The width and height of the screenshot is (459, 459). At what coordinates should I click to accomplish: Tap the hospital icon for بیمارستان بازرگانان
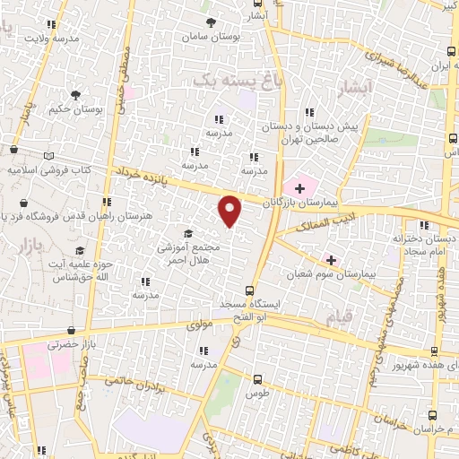[x=300, y=186]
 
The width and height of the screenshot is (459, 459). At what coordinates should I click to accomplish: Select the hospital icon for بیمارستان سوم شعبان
[x=330, y=259]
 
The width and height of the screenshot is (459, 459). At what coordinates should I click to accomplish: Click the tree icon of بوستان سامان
[x=212, y=22]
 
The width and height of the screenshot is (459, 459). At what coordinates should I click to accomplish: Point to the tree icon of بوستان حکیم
[x=75, y=94]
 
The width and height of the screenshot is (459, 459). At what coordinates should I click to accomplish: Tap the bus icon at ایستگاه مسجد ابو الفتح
[x=251, y=290]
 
